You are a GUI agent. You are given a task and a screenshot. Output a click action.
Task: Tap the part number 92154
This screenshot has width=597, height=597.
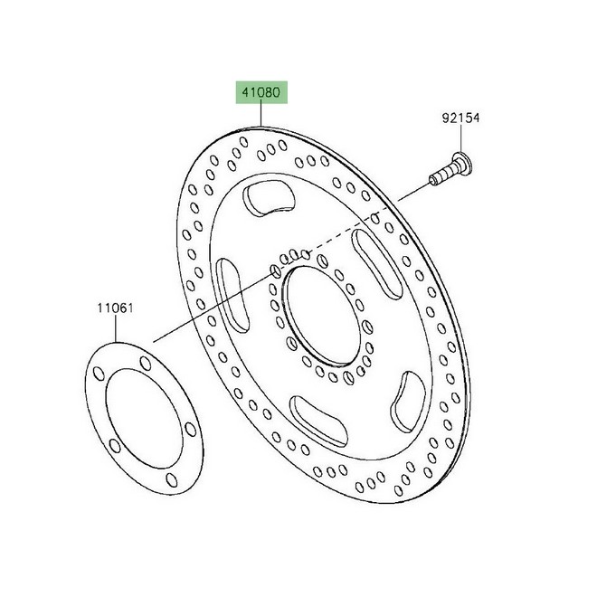click(x=461, y=118)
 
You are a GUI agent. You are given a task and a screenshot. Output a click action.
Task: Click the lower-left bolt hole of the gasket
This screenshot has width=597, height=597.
click(x=112, y=445)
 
